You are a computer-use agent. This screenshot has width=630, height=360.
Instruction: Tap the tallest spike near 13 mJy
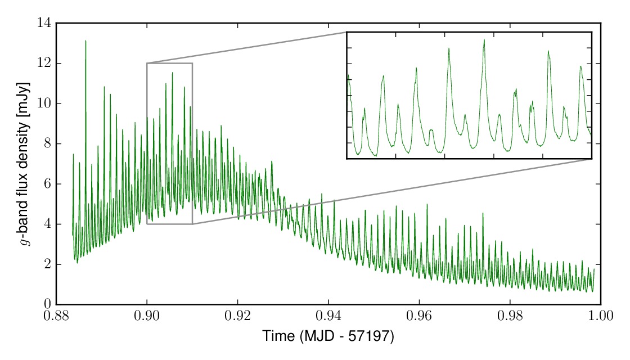85,41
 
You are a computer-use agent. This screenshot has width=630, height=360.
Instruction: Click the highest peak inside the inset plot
484,40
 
